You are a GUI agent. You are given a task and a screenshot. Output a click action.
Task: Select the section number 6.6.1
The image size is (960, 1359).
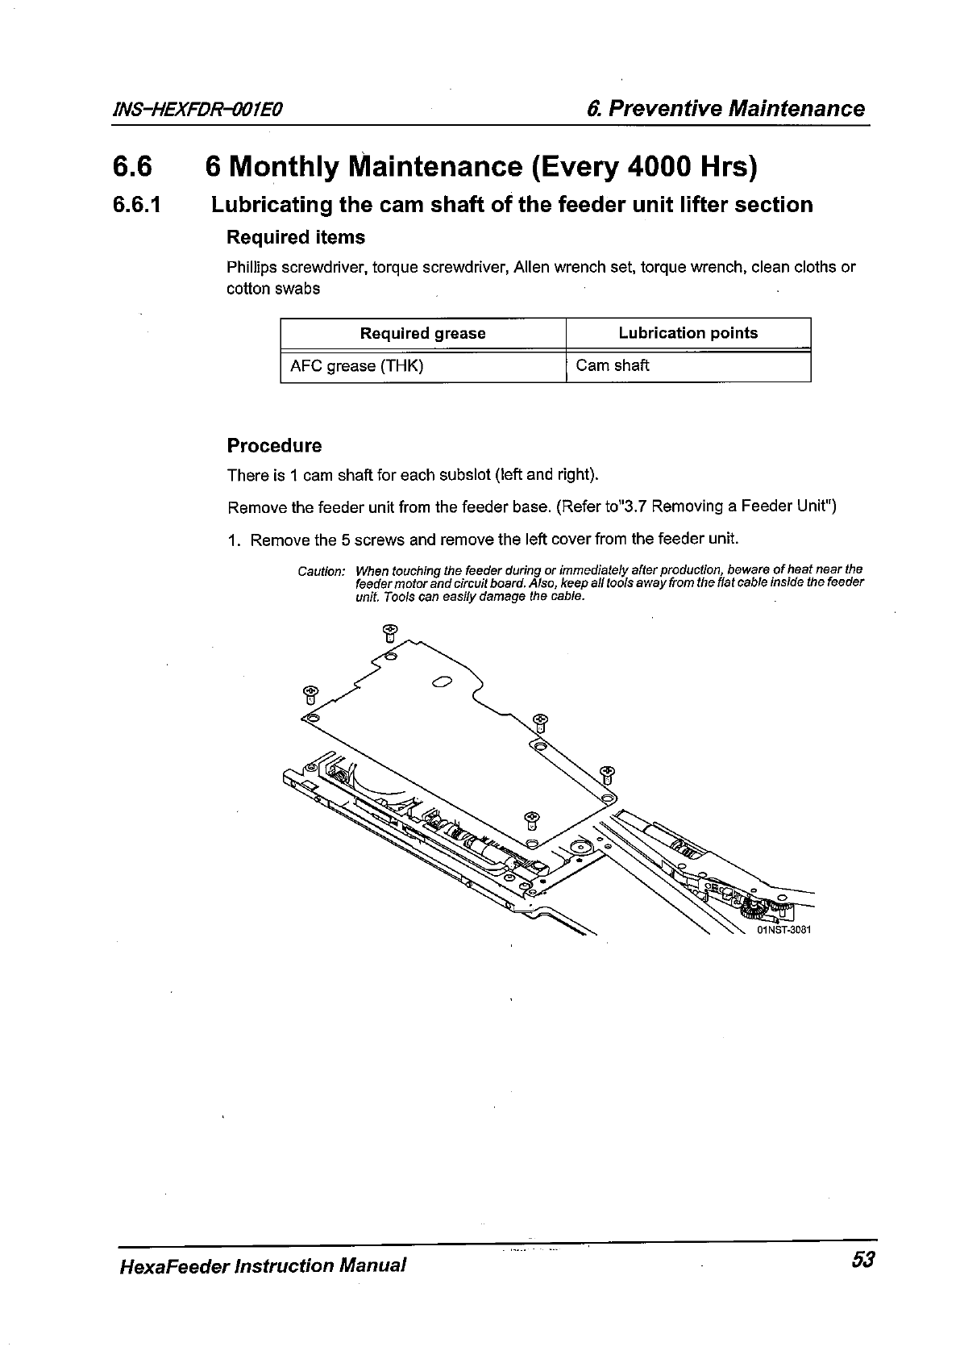pyautogui.click(x=138, y=205)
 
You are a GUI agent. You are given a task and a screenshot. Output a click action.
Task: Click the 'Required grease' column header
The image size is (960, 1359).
pyautogui.click(x=422, y=334)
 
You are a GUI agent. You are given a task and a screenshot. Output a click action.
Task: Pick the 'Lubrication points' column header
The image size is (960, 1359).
pyautogui.click(x=688, y=333)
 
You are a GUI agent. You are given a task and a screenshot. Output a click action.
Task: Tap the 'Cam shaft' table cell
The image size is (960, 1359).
pyautogui.click(x=613, y=365)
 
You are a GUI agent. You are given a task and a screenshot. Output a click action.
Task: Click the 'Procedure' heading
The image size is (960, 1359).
pyautogui.click(x=274, y=446)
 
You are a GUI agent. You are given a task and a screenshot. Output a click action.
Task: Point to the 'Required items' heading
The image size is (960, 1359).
pyautogui.click(x=295, y=238)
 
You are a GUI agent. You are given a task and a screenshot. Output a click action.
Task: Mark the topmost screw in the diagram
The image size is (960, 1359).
pyautogui.click(x=389, y=632)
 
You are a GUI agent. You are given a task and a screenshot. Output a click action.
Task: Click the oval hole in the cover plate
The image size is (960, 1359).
pyautogui.click(x=441, y=685)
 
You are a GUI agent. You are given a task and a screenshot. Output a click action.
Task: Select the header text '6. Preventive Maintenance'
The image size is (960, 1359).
pyautogui.click(x=725, y=109)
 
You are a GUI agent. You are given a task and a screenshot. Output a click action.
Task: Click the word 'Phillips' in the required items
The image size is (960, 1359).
pyautogui.click(x=251, y=267)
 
